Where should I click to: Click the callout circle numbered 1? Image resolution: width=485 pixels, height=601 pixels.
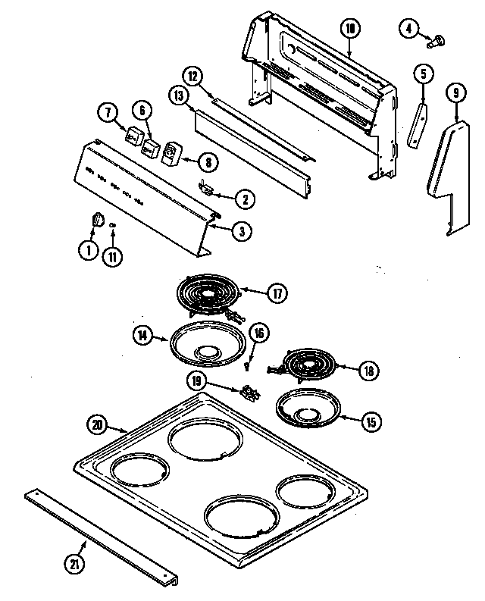coord(88,250)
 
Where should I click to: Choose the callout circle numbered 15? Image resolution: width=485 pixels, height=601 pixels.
coord(370,421)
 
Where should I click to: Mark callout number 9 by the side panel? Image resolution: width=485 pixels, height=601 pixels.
coord(455,94)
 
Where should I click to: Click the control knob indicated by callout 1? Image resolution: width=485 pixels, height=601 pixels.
coord(95,219)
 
